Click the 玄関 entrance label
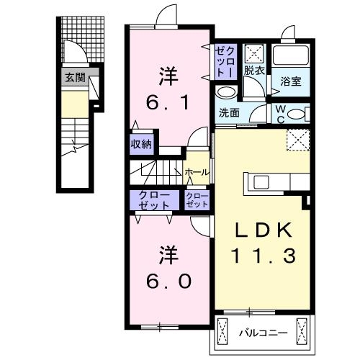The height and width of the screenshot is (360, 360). (x=74, y=77)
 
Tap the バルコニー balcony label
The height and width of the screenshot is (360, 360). (x=262, y=333)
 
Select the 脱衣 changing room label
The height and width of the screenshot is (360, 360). (x=253, y=71)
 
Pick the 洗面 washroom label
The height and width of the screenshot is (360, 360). (x=229, y=113)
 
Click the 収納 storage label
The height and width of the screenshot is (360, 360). (x=140, y=144)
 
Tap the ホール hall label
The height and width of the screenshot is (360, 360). (x=196, y=172)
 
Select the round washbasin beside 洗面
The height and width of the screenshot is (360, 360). (x=226, y=92)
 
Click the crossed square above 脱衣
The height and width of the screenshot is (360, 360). (x=253, y=53)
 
